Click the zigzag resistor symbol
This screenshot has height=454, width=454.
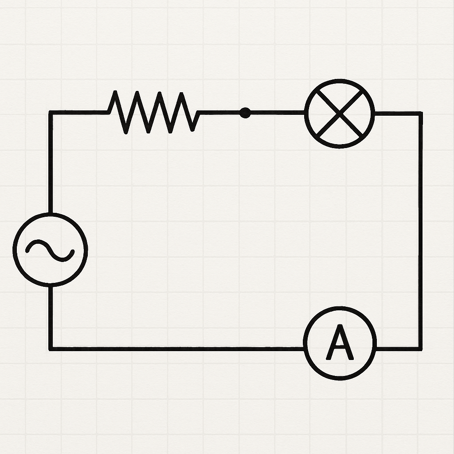coord(153,113)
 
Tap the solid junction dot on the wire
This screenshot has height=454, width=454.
coord(245,113)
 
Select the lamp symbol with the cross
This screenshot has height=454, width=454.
coord(340,113)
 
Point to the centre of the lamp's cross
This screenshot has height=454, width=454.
coord(340,113)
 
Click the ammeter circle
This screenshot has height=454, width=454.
coord(340,343)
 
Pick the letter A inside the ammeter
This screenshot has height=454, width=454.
coord(340,343)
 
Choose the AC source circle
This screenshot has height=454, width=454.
coord(50,250)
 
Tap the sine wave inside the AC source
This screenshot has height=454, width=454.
coord(50,250)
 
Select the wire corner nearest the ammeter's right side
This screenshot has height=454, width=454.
coord(420,348)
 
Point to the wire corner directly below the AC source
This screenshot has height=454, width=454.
coord(51,348)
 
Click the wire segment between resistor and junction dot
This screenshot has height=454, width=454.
coord(219,113)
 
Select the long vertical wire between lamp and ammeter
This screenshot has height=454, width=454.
coord(420,231)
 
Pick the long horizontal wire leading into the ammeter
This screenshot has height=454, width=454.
coord(177,348)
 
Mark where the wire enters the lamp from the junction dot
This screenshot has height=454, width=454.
coord(305,113)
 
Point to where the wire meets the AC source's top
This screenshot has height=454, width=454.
coord(51,213)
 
